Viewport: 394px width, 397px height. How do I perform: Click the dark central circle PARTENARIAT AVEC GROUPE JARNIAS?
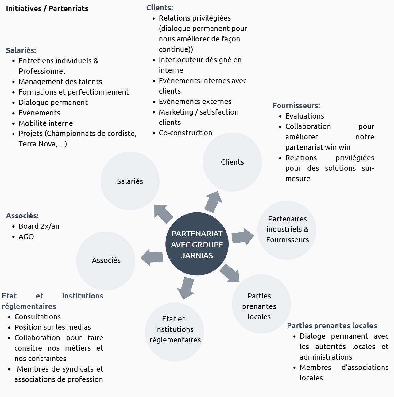click(197, 244)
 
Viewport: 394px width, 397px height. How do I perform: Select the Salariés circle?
click(130, 181)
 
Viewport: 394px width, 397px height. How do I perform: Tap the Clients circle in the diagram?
click(232, 162)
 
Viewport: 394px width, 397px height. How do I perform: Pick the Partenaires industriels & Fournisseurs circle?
click(287, 230)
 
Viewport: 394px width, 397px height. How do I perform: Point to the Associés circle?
click(106, 261)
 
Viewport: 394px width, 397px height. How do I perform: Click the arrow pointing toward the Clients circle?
click(214, 201)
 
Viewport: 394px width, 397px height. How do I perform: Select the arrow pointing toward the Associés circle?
click(152, 257)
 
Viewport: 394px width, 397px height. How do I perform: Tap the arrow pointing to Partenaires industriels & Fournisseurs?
click(243, 237)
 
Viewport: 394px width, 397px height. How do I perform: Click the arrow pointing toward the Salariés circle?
click(163, 214)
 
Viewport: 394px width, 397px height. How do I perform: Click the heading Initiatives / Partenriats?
click(47, 9)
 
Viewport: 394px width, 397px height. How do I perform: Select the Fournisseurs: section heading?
click(296, 106)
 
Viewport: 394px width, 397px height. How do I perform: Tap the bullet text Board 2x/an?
click(39, 226)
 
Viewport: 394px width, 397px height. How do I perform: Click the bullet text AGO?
click(26, 237)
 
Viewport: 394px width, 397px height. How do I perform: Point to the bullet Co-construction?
click(185, 133)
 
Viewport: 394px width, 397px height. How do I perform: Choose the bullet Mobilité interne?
click(46, 123)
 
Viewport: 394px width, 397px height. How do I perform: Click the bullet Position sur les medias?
click(52, 327)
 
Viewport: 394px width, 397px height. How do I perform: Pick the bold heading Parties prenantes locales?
click(332, 326)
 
